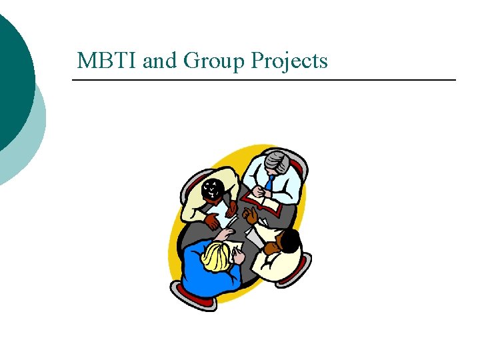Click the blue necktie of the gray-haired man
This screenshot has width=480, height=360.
(x=269, y=181)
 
